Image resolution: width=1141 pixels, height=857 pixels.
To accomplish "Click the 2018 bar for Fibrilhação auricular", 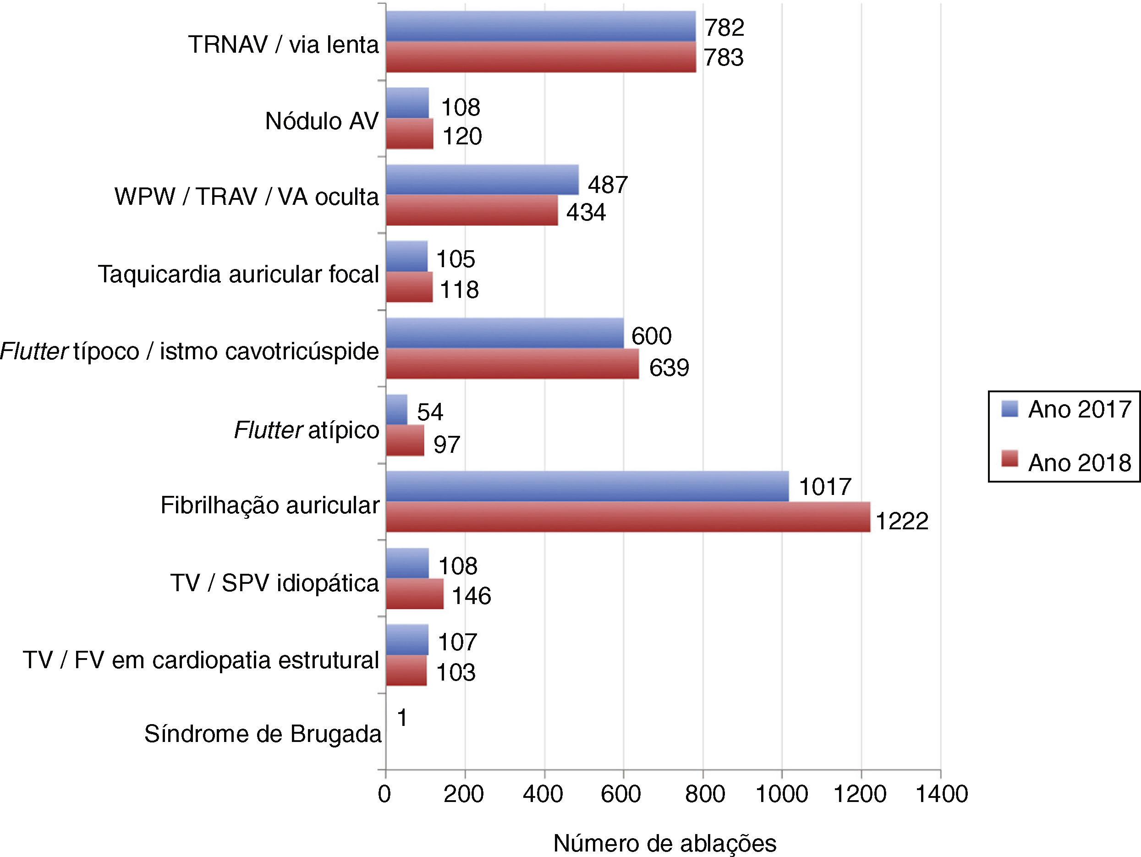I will [x=628, y=516].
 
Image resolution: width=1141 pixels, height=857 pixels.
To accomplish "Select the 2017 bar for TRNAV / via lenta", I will [x=541, y=26].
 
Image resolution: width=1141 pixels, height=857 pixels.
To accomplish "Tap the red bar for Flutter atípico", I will [x=405, y=440].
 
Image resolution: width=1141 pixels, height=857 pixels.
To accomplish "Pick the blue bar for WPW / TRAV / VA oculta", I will [x=483, y=180].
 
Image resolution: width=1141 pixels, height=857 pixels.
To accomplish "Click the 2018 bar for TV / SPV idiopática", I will [x=415, y=594].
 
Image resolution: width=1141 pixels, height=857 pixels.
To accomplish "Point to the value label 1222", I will [x=902, y=521].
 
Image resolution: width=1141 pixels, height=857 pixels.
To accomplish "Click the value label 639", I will [x=669, y=368].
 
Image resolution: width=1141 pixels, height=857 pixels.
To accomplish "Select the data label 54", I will [x=430, y=412].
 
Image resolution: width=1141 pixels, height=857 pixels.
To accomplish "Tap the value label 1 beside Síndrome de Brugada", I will [x=402, y=718].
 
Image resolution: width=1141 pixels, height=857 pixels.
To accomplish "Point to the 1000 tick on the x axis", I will [x=782, y=794].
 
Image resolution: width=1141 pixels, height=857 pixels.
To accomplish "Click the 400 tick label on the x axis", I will [x=543, y=794].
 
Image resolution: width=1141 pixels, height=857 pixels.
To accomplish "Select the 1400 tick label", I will [x=941, y=794].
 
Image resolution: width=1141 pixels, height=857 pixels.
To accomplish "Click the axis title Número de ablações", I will [x=665, y=844].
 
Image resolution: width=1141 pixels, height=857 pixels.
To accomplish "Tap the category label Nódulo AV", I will [x=322, y=121].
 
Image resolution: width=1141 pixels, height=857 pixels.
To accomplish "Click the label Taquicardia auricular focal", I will [x=239, y=274].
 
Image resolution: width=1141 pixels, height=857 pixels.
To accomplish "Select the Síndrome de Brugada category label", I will [x=263, y=734].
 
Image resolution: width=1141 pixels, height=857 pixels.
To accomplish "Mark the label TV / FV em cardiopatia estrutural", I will [x=201, y=660].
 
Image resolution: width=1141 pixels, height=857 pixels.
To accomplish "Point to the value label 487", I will [x=608, y=184].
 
